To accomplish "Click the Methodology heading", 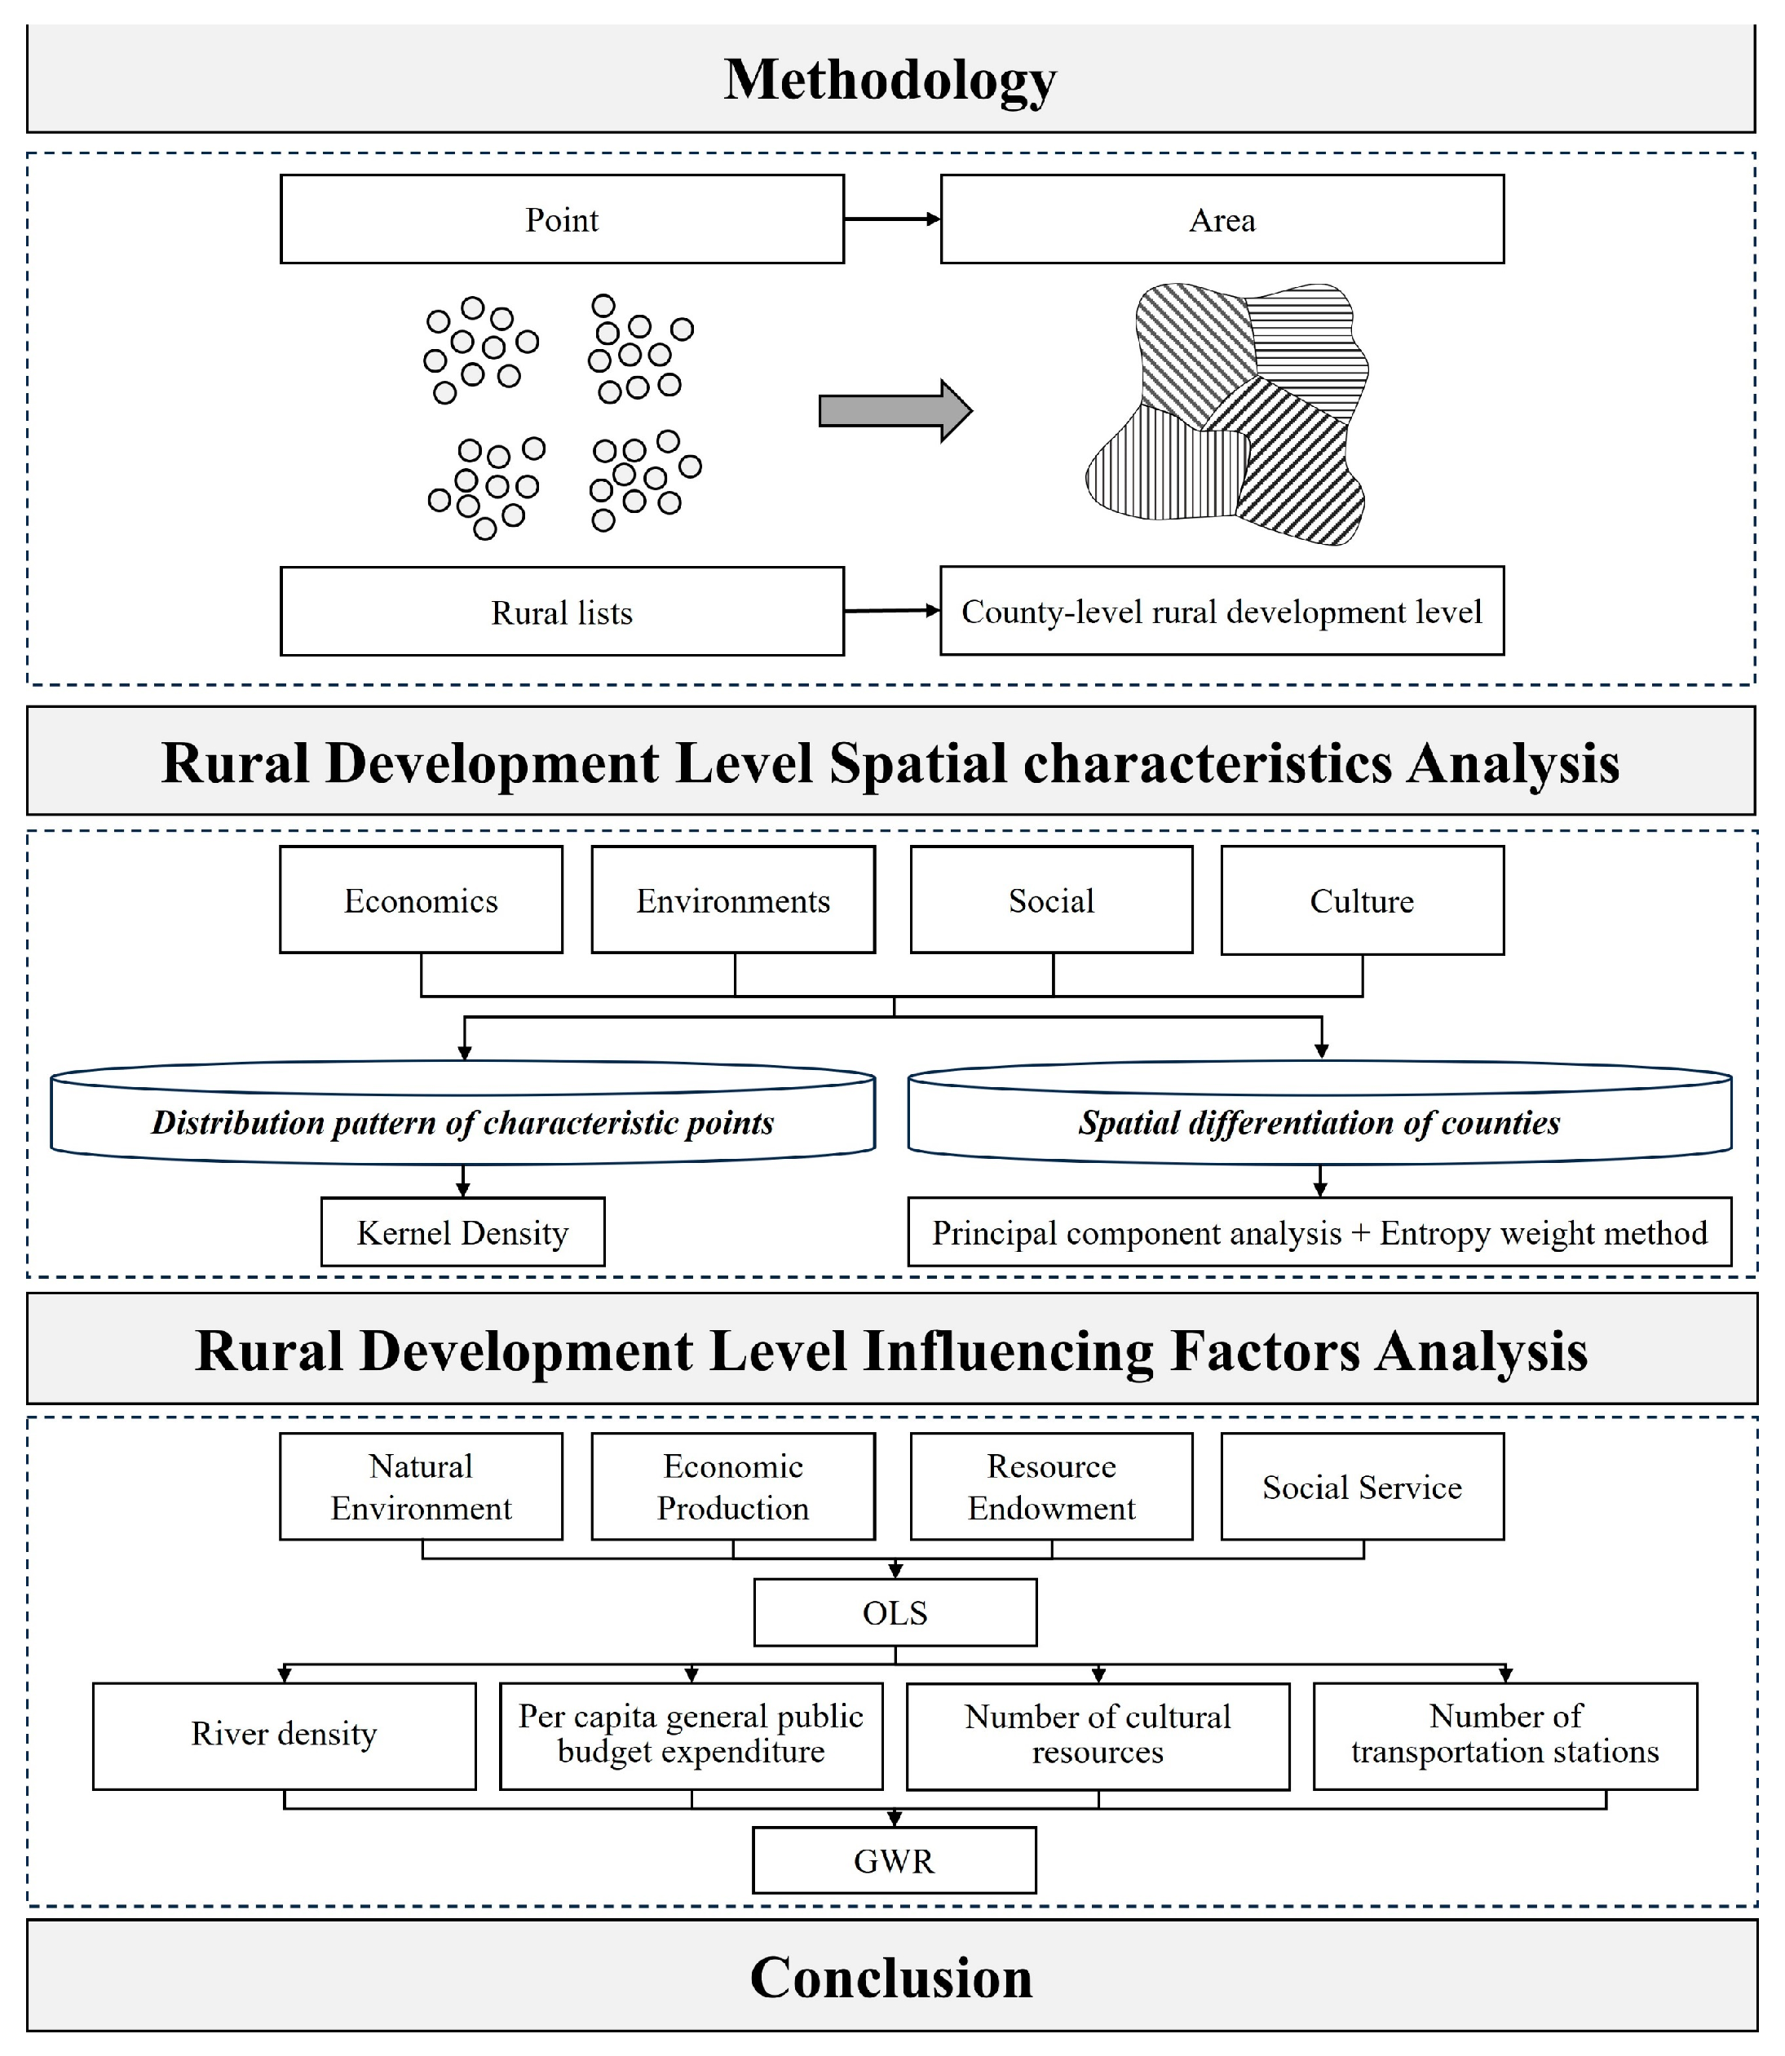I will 890,80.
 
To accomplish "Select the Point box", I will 562,219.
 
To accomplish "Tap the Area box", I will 1222,219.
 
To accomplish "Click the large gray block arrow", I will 894,410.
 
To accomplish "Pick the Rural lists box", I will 562,612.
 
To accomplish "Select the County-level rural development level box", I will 1222,611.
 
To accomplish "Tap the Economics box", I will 420,900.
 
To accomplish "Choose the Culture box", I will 1362,900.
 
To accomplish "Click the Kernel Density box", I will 462,1232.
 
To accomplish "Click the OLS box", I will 895,1612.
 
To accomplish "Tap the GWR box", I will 894,1861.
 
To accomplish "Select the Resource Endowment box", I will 1051,1486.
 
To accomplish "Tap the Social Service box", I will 1362,1486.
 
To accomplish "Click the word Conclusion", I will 890,1978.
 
